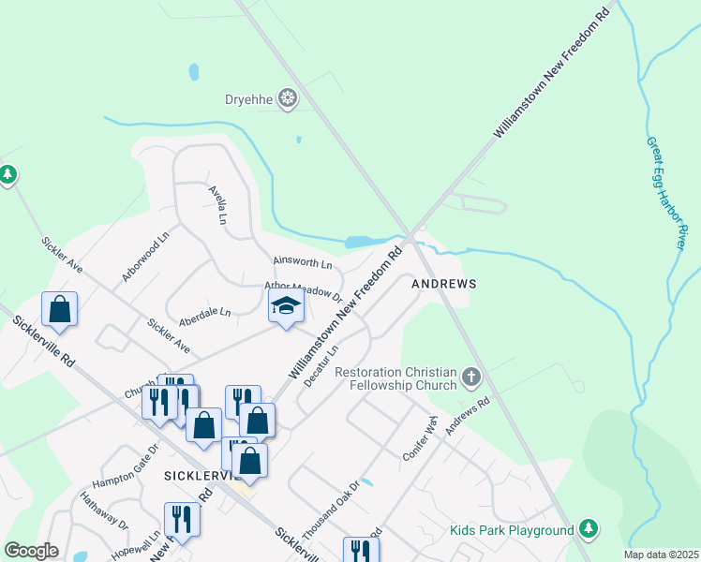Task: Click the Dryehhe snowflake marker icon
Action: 289,98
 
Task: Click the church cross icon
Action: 470,377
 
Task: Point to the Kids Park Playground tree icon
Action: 588,530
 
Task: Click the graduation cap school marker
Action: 286,305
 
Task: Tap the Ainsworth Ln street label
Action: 302,264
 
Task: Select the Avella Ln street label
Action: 217,204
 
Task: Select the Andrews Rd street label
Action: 468,418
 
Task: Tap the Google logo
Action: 31,551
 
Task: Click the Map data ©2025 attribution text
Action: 662,555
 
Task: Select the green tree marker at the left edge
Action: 7,174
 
